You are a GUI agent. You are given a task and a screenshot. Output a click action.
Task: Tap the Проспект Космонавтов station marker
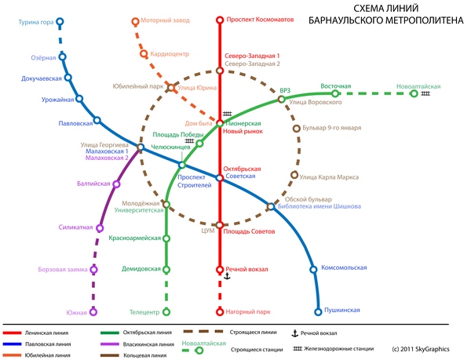[x=220, y=19]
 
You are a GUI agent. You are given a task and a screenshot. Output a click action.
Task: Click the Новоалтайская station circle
[x=414, y=93]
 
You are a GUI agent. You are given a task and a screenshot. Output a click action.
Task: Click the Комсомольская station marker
[x=313, y=269]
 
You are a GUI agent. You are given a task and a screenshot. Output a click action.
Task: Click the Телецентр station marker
[x=166, y=311]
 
